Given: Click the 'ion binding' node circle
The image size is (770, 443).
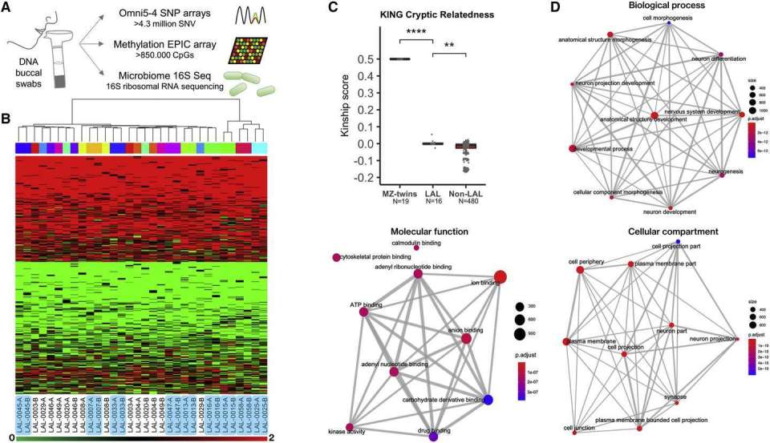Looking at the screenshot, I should pos(500,277).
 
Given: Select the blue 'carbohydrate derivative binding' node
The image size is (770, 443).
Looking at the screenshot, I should pos(488,399).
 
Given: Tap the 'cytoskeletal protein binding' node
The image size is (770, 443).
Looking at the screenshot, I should pos(337,258).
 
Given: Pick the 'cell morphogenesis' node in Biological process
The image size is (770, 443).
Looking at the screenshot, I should pos(667,23).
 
